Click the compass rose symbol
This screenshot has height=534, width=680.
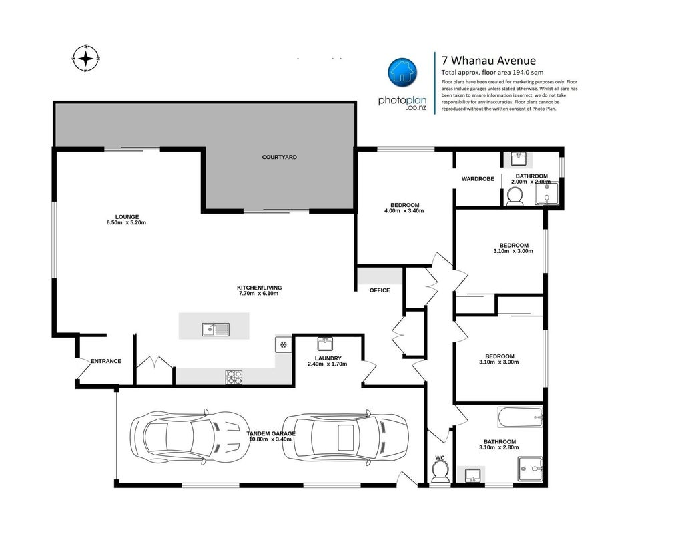click(86, 58)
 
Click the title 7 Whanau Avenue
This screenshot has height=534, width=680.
click(488, 61)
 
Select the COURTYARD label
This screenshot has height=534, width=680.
click(280, 157)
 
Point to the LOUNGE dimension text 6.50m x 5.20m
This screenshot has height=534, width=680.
click(126, 222)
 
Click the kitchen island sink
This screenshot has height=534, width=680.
click(216, 330)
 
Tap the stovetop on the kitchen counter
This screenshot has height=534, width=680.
click(234, 377)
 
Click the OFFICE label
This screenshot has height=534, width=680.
click(380, 290)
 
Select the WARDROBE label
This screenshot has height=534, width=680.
click(478, 179)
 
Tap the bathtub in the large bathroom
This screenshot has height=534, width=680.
click(521, 417)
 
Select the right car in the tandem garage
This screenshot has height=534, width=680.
click(346, 437)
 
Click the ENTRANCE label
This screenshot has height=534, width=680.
click(106, 361)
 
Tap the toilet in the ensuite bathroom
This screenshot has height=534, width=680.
click(515, 196)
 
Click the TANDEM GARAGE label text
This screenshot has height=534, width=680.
click(271, 433)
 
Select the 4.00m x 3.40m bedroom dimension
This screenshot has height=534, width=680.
click(404, 211)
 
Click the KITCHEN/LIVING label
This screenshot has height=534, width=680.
click(260, 288)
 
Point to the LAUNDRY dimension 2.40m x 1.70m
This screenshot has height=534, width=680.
click(328, 364)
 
